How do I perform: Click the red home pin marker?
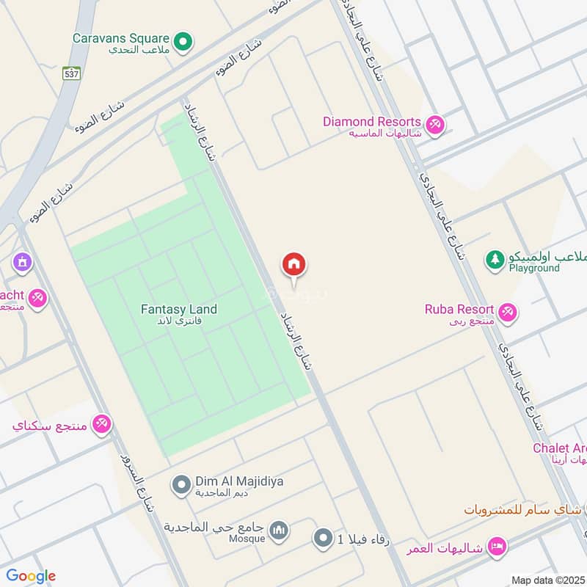pyautogui.click(x=294, y=264)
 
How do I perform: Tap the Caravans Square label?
pyautogui.click(x=121, y=37)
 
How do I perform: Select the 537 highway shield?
pyautogui.click(x=70, y=73)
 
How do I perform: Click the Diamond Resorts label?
pyautogui.click(x=371, y=122)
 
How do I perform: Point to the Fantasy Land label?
pyautogui.click(x=179, y=310)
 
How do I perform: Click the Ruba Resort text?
pyautogui.click(x=459, y=309)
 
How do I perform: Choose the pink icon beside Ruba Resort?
pyautogui.click(x=508, y=313)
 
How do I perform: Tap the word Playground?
pyautogui.click(x=534, y=269)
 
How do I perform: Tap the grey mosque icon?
pyautogui.click(x=278, y=530)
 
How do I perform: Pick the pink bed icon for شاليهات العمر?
pyautogui.click(x=497, y=547)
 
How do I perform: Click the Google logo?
pyautogui.click(x=31, y=576)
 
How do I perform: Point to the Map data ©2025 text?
pyautogui.click(x=547, y=580)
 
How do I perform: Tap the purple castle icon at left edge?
pyautogui.click(x=22, y=261)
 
